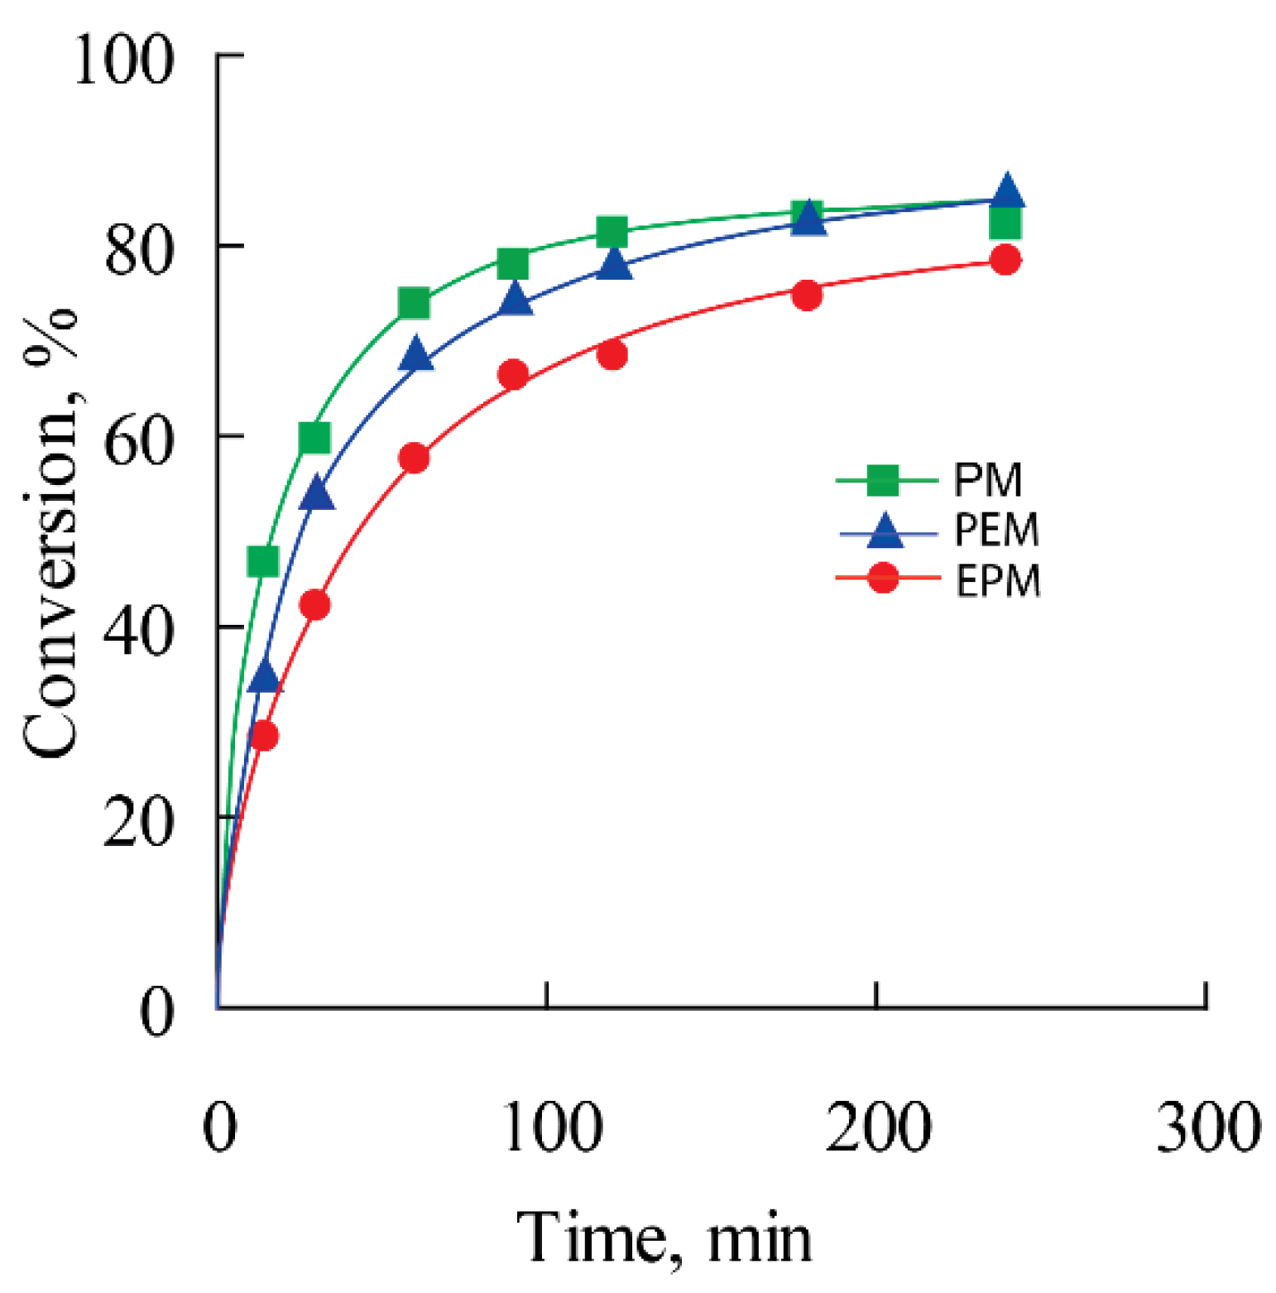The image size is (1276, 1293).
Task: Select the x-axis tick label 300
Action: [x=1207, y=1127]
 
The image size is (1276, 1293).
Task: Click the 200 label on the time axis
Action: [x=878, y=1127]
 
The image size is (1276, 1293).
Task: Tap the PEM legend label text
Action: [x=996, y=531]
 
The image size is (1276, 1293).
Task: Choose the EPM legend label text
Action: [x=998, y=581]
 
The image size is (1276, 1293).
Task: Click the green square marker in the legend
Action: [x=883, y=480]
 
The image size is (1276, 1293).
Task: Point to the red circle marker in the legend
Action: [x=883, y=578]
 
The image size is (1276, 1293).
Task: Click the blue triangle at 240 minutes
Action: [x=1006, y=191]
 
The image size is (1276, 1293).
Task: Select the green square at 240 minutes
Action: [x=1005, y=223]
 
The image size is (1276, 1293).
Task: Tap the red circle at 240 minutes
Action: [x=1005, y=260]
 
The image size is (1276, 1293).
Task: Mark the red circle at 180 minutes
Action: [x=807, y=295]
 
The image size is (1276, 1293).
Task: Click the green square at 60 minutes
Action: [x=414, y=304]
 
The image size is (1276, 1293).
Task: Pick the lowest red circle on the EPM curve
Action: [x=264, y=735]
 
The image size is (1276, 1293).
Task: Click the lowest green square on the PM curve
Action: [x=263, y=562]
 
